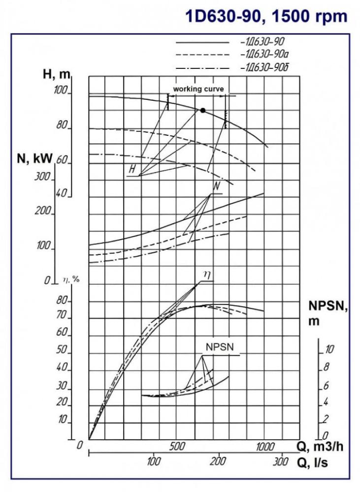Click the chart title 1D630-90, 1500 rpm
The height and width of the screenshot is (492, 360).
point(266,16)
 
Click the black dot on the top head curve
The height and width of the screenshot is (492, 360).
point(202,110)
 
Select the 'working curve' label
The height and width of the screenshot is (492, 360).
point(198,89)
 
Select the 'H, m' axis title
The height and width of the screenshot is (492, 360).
point(57,75)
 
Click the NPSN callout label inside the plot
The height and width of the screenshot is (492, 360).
point(220,347)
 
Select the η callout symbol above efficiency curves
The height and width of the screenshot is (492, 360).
point(207,276)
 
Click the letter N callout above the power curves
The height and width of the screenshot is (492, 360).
point(216,187)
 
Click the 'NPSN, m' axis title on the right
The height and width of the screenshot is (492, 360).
point(328,313)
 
